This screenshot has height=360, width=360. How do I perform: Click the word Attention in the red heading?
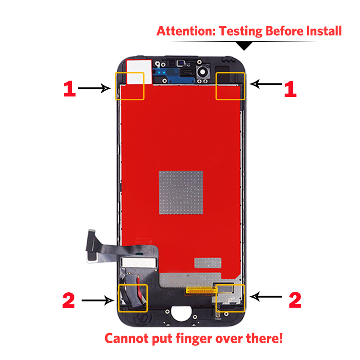(186, 31)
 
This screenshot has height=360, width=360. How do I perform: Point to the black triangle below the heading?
(244, 46)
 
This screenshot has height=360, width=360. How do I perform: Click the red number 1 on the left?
(69, 89)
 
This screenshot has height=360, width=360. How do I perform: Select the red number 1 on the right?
(290, 89)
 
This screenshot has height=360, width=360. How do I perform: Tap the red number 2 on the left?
(69, 300)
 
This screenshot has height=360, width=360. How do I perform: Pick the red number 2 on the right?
(295, 300)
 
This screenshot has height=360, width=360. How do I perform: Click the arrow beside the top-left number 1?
(95, 88)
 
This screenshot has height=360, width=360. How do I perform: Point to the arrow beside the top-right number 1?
(266, 84)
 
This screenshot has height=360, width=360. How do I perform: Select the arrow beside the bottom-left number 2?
(98, 300)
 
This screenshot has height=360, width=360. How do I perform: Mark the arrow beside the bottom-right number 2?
(266, 297)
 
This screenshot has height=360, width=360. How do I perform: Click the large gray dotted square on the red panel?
(181, 192)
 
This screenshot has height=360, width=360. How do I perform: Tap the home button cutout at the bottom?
(181, 313)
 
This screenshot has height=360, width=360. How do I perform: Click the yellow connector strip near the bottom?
(201, 291)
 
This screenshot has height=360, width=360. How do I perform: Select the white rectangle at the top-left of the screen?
(139, 72)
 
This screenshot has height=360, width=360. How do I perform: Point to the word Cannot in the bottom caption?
(127, 338)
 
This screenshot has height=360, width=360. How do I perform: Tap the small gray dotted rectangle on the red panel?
(208, 263)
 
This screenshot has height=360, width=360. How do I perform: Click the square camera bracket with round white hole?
(203, 72)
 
